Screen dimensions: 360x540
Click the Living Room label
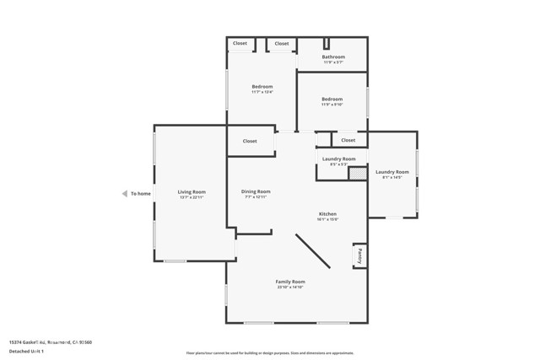pyautogui.click(x=192, y=191)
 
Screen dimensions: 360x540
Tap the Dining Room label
pyautogui.click(x=256, y=191)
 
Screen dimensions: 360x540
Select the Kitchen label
pyautogui.click(x=327, y=213)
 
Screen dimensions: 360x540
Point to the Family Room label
pyautogui.click(x=289, y=282)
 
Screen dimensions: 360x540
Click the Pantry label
pyautogui.click(x=359, y=255)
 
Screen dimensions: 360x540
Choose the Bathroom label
pyautogui.click(x=333, y=56)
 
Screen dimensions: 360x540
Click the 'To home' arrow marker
pyautogui.click(x=124, y=193)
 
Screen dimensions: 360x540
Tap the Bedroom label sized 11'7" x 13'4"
pyautogui.click(x=262, y=86)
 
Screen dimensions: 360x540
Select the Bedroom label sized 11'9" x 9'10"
pyautogui.click(x=332, y=99)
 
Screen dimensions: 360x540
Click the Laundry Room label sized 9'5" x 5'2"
pyautogui.click(x=338, y=159)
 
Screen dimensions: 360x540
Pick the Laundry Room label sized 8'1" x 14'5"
pyautogui.click(x=392, y=172)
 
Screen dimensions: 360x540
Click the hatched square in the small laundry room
pyautogui.click(x=358, y=173)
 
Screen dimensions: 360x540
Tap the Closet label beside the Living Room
pyautogui.click(x=250, y=141)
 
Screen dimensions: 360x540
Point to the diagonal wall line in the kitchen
pyautogui.click(x=312, y=251)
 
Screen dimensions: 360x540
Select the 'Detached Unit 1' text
pyautogui.click(x=32, y=350)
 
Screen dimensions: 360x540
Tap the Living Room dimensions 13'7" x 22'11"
pyautogui.click(x=192, y=197)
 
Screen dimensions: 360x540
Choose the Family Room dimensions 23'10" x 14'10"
pyautogui.click(x=289, y=287)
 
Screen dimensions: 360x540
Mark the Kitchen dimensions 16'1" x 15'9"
pyautogui.click(x=327, y=219)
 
